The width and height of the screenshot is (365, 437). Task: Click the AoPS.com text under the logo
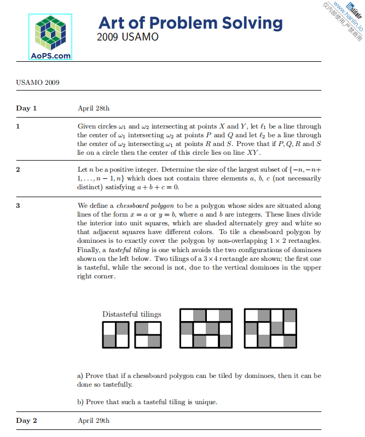tap(50, 55)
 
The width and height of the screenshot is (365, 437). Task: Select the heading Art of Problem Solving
tap(190, 23)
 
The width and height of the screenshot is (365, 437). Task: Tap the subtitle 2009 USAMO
tap(128, 37)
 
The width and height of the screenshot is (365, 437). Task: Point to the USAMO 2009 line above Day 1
tap(38, 83)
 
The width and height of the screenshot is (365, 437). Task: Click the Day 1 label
tap(26, 108)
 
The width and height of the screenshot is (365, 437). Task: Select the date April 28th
tap(94, 108)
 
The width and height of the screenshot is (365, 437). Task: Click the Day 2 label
tap(26, 421)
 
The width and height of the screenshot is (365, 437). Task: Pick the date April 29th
tap(94, 421)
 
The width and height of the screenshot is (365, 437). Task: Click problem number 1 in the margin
tap(18, 126)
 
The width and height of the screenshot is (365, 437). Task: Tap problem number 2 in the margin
tap(18, 170)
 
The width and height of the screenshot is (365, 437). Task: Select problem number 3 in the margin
tap(18, 206)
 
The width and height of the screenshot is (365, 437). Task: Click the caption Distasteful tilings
tap(131, 314)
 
